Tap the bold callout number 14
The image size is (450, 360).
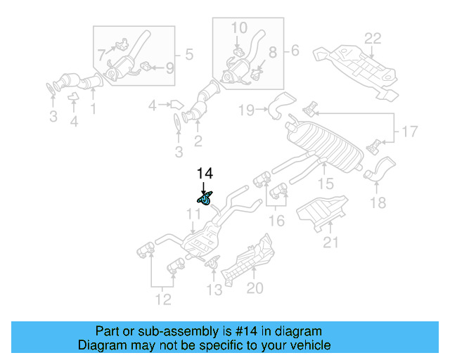pos(204,173)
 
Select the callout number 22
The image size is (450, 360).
pos(372,38)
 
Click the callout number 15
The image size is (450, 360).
pos(326,184)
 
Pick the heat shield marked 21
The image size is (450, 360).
pos(322,213)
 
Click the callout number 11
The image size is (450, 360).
pos(193,213)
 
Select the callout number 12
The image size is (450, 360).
pos(163,300)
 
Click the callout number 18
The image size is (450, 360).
pos(378,203)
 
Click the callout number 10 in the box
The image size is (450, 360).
pos(239,27)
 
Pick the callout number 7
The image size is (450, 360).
pos(101,53)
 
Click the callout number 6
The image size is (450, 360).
pos(295,50)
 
